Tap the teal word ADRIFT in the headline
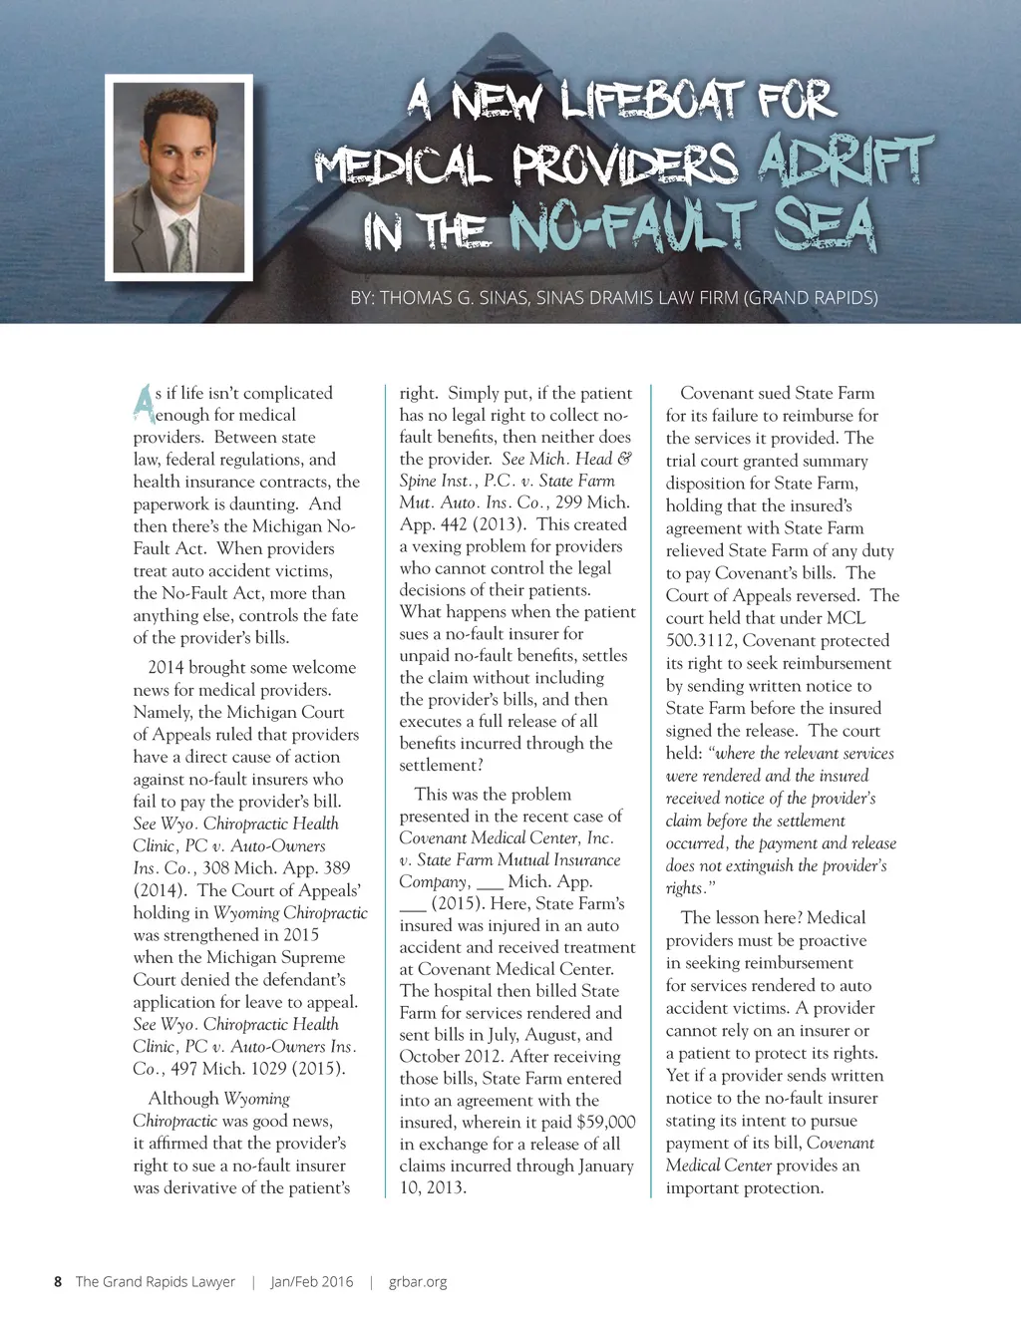(845, 162)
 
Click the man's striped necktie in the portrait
(181, 241)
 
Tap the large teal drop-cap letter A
(144, 402)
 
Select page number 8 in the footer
(58, 1282)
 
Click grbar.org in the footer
(418, 1282)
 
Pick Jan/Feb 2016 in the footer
(312, 1282)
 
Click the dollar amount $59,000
(605, 1122)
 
